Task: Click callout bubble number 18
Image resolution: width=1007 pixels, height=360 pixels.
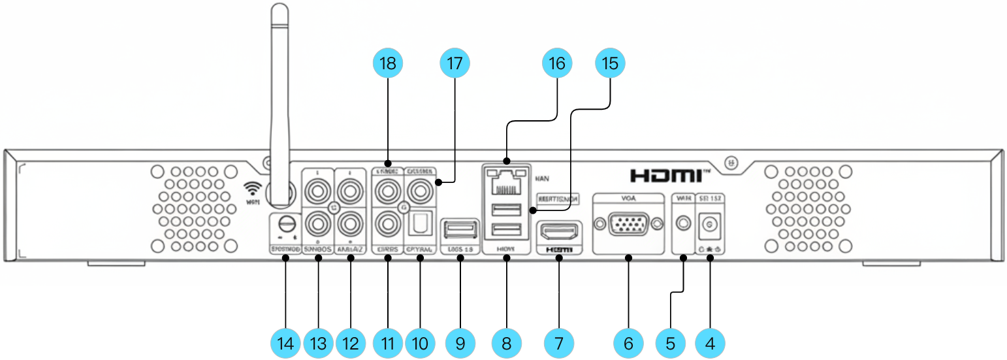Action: coord(388,64)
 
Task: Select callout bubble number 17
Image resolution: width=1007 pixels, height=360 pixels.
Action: coord(455,64)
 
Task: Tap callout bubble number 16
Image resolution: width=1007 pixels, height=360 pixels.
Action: coord(557,64)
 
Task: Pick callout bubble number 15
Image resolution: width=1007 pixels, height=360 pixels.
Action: coord(610,64)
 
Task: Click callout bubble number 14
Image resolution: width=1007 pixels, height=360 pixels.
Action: coord(286,342)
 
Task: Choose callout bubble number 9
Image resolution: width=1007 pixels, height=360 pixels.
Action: coord(460,342)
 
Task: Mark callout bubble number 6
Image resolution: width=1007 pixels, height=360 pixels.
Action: coord(629,342)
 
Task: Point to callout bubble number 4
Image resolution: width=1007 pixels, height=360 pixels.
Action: coord(710,342)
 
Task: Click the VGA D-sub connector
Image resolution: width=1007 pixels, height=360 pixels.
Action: coord(628,225)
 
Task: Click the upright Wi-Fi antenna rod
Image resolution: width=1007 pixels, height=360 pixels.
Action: coord(280,98)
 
